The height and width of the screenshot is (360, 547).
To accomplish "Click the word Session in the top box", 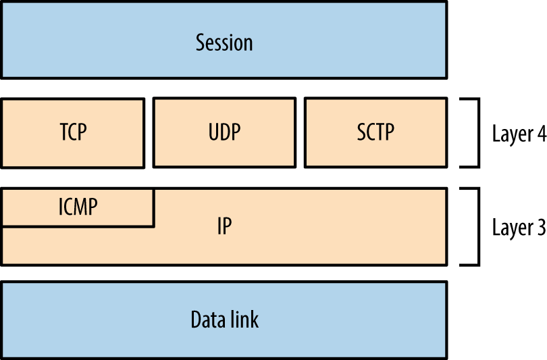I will tap(224, 43).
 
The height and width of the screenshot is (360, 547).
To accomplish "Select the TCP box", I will tap(73, 132).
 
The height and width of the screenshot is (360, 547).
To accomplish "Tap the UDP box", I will tap(224, 132).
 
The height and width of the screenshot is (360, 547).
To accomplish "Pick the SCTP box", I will tap(375, 132).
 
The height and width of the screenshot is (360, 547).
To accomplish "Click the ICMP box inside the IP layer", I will tap(78, 207).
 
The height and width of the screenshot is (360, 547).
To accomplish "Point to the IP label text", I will tap(224, 226).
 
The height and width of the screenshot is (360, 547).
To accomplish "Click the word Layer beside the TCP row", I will tap(512, 134).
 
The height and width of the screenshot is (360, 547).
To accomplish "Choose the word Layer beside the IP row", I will tap(512, 228).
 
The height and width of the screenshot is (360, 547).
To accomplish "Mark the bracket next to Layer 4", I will tap(477, 132).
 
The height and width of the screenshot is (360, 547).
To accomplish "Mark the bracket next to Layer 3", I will tap(477, 226).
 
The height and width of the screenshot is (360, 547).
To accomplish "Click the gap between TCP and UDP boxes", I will tap(149, 132).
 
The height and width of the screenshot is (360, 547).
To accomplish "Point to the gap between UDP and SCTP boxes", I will tap(300, 132).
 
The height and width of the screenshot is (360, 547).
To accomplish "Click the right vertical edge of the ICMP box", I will tap(154, 207).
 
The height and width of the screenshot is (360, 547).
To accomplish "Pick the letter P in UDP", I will tap(236, 132).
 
